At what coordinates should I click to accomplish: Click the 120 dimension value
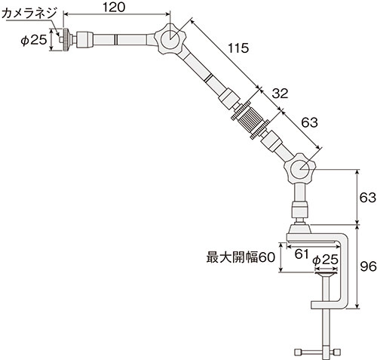tap(114, 7)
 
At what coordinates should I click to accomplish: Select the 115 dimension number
tap(238, 50)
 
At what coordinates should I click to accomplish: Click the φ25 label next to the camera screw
tap(30, 38)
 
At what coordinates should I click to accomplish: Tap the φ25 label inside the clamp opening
tap(324, 260)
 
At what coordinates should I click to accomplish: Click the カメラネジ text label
tap(28, 11)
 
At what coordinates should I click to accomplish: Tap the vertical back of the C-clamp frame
tap(348, 272)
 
